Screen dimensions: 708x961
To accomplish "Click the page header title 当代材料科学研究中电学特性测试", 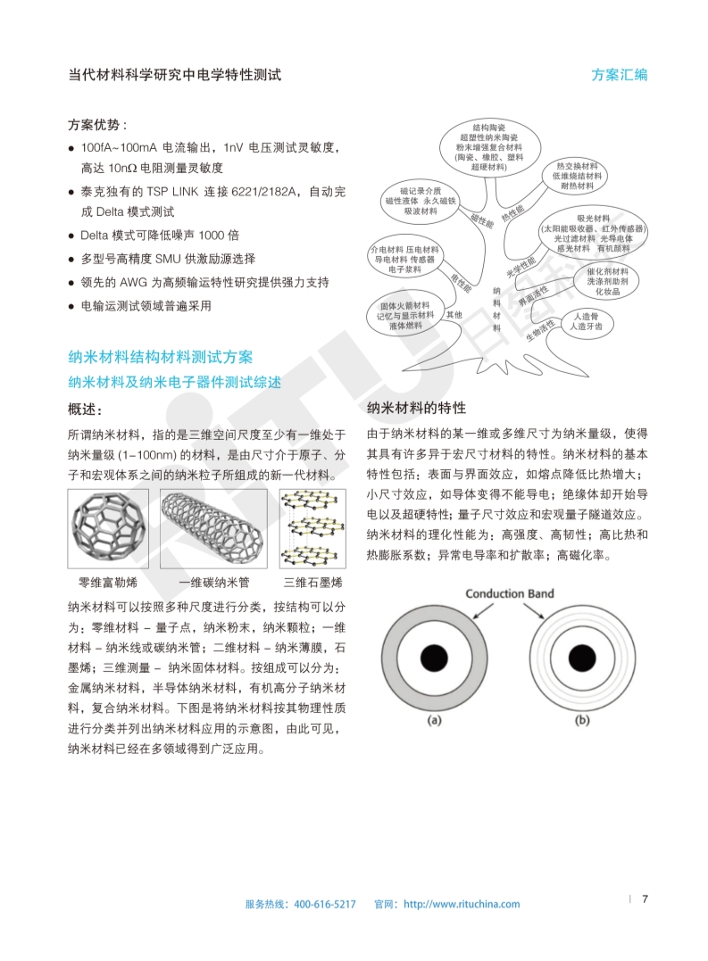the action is click(175, 75).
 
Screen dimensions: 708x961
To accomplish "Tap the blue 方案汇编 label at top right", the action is click(619, 75).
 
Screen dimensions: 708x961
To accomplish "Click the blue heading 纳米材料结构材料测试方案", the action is click(160, 357).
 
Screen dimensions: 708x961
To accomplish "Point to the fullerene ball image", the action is click(109, 528).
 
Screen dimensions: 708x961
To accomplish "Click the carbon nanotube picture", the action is click(213, 528).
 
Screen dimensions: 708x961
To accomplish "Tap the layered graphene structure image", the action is click(312, 528).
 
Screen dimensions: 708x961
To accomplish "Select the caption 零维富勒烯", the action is click(108, 583).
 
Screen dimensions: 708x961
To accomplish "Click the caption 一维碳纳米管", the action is click(214, 583).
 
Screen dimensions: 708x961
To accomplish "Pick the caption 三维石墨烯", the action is click(312, 583).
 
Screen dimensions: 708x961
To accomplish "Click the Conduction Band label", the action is click(510, 593).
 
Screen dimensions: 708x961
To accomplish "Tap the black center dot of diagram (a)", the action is click(435, 658).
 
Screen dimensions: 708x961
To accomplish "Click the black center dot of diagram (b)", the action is click(582, 658).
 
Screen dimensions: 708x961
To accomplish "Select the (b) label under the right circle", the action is click(582, 720).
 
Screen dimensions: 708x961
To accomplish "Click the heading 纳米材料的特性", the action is click(416, 408).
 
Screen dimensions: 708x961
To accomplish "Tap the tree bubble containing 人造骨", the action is click(586, 321).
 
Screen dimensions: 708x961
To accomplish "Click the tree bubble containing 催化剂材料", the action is click(606, 281).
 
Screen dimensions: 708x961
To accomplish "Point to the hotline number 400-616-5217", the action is click(325, 904).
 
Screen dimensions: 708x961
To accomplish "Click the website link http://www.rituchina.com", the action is click(462, 904).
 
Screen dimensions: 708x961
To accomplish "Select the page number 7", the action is click(645, 899).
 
